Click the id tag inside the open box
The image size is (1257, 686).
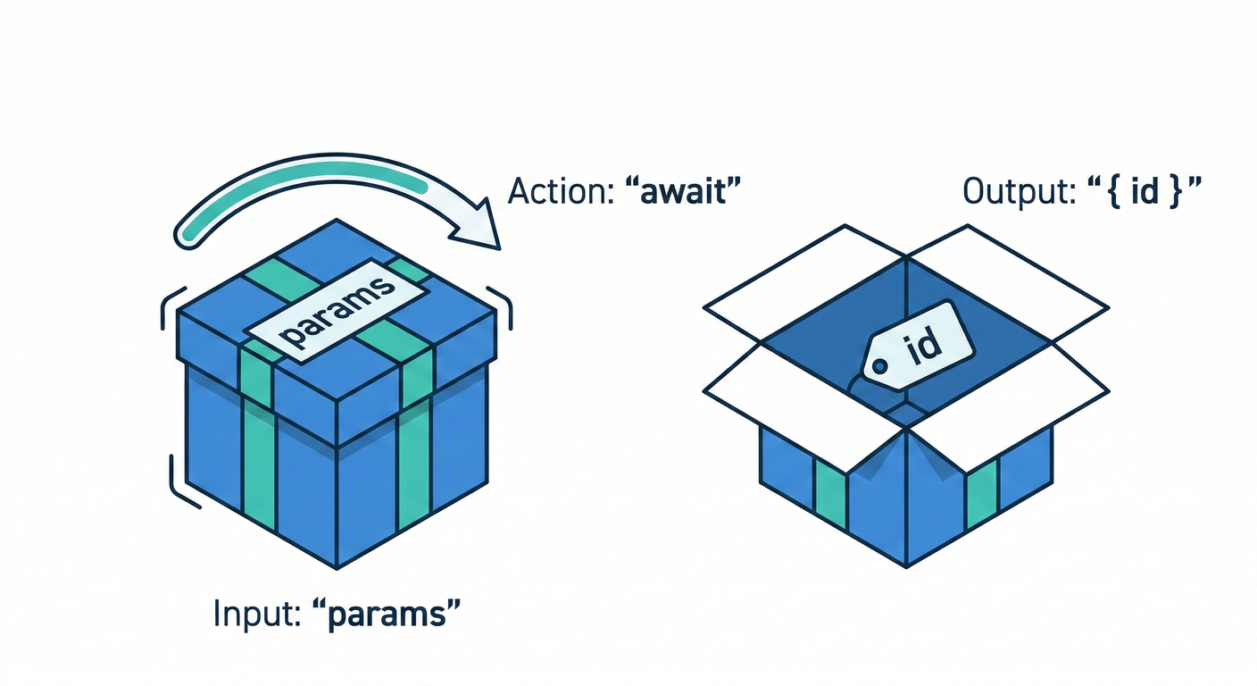920,348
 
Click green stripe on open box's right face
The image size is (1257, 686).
981,492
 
